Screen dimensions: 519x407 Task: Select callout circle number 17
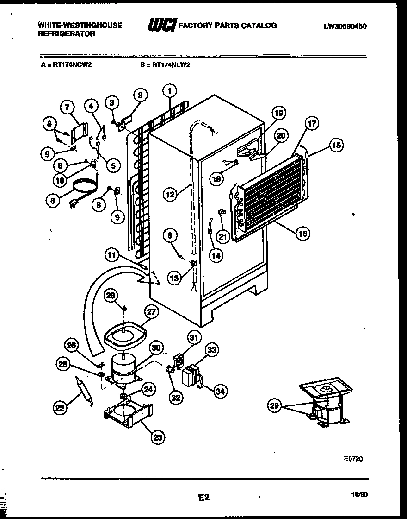[x=312, y=124]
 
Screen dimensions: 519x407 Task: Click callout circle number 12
[x=170, y=195]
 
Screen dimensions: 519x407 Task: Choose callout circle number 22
[x=60, y=408]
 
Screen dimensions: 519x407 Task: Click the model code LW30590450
[x=345, y=26]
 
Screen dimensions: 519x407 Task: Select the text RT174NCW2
[x=72, y=65]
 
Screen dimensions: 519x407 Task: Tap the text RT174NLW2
[x=172, y=65]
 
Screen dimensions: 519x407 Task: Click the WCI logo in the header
[x=161, y=26]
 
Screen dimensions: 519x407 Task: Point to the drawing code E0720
[x=353, y=459]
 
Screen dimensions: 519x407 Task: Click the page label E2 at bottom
[x=204, y=497]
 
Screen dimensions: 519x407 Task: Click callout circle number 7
[x=68, y=108]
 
